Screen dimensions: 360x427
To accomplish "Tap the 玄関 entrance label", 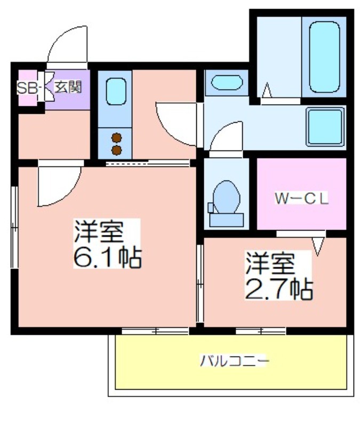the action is point(68,87).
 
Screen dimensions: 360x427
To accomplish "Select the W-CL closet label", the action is point(301,199).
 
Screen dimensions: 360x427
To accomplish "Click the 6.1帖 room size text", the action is point(108,257).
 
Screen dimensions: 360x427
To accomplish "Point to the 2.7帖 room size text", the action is point(279,289).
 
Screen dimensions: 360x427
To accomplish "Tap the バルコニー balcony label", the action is point(234,361).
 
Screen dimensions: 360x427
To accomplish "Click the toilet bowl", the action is point(226,196).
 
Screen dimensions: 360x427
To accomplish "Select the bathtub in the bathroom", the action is point(324,57).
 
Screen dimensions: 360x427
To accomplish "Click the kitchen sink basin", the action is point(116,91).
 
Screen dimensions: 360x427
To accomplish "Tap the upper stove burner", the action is point(116,138).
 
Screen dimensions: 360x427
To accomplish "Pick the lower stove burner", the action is point(116,150).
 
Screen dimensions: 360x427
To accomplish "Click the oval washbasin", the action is point(227,82).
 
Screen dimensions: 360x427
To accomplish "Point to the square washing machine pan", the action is point(325,126).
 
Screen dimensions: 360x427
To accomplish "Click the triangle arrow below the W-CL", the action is point(318,246).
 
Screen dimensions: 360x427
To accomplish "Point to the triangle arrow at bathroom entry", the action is point(267,90).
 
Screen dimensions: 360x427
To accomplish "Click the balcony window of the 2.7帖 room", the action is point(261,331).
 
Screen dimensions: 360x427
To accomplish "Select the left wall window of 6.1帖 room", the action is point(14,227).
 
